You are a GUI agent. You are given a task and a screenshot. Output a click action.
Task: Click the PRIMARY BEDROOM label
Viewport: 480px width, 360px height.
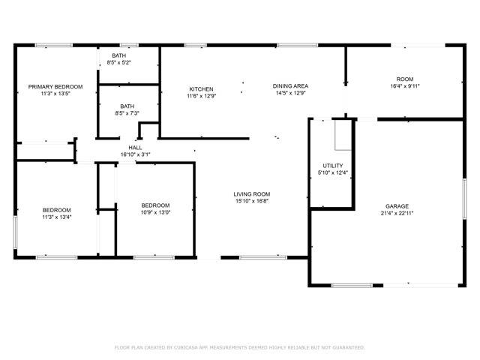tap(55, 87)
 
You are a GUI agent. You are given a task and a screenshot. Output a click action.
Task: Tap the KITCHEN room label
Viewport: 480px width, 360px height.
tap(201, 89)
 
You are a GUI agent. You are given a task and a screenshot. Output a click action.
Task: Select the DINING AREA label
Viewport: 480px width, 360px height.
tap(290, 86)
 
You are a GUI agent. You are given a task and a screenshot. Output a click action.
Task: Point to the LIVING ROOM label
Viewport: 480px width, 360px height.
tap(252, 194)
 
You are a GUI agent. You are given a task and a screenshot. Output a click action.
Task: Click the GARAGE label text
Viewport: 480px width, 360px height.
tap(397, 206)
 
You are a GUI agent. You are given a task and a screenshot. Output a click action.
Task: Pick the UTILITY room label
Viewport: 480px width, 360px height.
tap(333, 166)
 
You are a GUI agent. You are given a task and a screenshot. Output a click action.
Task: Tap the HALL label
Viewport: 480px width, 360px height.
tap(135, 148)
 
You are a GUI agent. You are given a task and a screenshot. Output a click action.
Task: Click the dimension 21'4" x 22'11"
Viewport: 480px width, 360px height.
tap(397, 213)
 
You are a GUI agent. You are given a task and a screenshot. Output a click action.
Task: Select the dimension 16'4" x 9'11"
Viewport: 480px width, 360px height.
tap(405, 86)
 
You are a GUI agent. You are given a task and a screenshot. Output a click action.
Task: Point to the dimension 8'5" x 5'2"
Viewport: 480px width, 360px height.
tap(118, 62)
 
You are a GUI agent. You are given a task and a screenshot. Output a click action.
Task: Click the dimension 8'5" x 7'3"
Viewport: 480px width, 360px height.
tap(127, 113)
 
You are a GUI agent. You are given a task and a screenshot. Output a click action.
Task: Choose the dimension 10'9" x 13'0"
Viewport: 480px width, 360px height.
tap(155, 212)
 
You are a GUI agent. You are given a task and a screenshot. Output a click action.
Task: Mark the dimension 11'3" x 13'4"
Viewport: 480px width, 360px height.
tap(57, 217)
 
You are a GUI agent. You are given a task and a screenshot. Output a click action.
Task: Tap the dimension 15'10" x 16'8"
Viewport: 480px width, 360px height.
tap(252, 201)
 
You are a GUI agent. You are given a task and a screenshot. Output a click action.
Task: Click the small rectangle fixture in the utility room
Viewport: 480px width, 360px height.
tap(343, 135)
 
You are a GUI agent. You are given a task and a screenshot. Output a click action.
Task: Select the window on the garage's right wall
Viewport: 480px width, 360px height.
tap(464, 199)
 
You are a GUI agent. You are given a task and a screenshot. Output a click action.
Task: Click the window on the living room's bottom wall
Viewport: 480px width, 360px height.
tap(263, 257)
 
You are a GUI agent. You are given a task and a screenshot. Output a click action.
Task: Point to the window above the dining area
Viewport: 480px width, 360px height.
tap(298, 45)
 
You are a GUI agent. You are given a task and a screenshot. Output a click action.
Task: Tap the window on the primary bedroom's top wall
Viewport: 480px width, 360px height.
tap(54, 45)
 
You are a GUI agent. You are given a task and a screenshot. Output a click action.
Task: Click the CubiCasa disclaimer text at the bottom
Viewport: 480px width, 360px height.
tap(240, 347)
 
